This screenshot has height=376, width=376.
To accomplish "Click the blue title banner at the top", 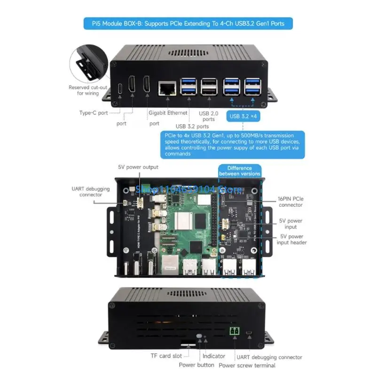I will (188, 23).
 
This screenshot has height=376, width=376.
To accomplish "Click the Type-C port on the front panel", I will (121, 88).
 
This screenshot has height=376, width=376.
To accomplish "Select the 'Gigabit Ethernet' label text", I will (168, 113).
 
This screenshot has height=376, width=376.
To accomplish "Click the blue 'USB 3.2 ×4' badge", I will (243, 115).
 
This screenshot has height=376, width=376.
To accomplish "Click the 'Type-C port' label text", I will (94, 113).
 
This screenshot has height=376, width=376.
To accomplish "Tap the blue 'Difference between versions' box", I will (239, 171).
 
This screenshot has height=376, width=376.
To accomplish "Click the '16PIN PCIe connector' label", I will (290, 202).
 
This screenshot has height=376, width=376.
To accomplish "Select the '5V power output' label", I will (138, 167).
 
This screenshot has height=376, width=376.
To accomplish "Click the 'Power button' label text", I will (196, 365).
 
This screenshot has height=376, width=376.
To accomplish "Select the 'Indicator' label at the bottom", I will (213, 356).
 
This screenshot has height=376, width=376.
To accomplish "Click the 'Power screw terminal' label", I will (247, 365).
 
